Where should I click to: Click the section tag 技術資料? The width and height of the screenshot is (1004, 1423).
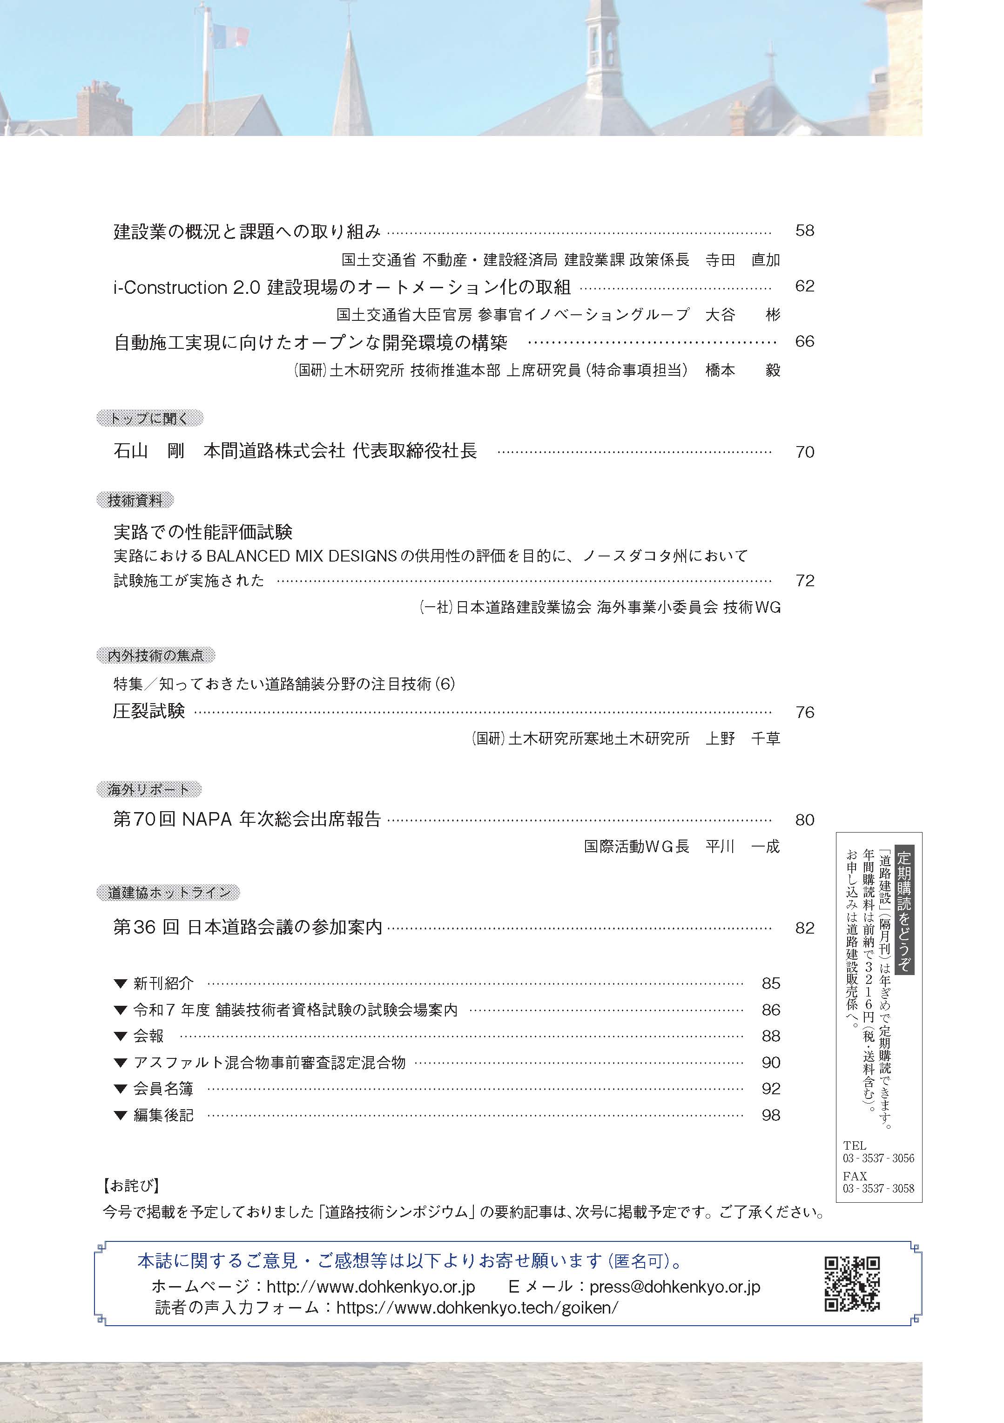point(135,500)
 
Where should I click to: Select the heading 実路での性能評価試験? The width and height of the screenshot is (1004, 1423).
point(202,532)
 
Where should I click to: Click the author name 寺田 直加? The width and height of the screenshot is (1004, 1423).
point(742,260)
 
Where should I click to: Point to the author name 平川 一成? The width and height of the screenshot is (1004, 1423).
point(742,847)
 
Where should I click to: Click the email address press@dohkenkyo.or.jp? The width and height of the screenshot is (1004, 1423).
point(674,1287)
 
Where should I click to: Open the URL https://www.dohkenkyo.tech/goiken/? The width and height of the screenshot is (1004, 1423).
point(477,1308)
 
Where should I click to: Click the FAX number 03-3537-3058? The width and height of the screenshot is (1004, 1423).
point(878,1188)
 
